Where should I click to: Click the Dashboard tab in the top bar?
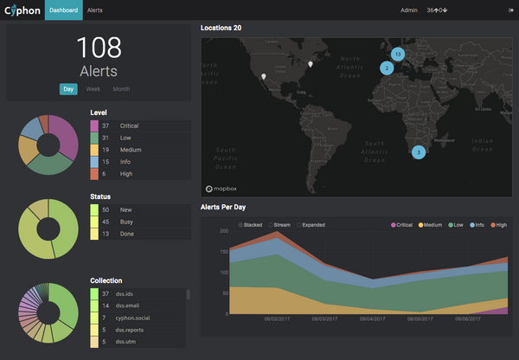(x=63, y=10)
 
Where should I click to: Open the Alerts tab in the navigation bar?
(x=95, y=10)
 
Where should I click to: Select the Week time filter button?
(x=93, y=89)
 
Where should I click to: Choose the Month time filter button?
(x=121, y=89)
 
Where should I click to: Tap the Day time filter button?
(x=68, y=89)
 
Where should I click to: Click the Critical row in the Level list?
(x=138, y=125)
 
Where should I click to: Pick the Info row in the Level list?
(x=138, y=162)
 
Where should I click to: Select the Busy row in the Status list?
(x=138, y=222)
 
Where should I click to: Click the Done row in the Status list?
(x=138, y=234)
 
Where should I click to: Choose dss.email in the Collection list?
(x=138, y=306)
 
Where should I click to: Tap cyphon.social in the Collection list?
(x=138, y=318)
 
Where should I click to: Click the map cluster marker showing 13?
(x=397, y=54)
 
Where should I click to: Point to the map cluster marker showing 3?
(x=419, y=152)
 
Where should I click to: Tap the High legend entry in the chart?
(x=497, y=225)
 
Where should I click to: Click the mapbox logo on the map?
(x=222, y=188)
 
